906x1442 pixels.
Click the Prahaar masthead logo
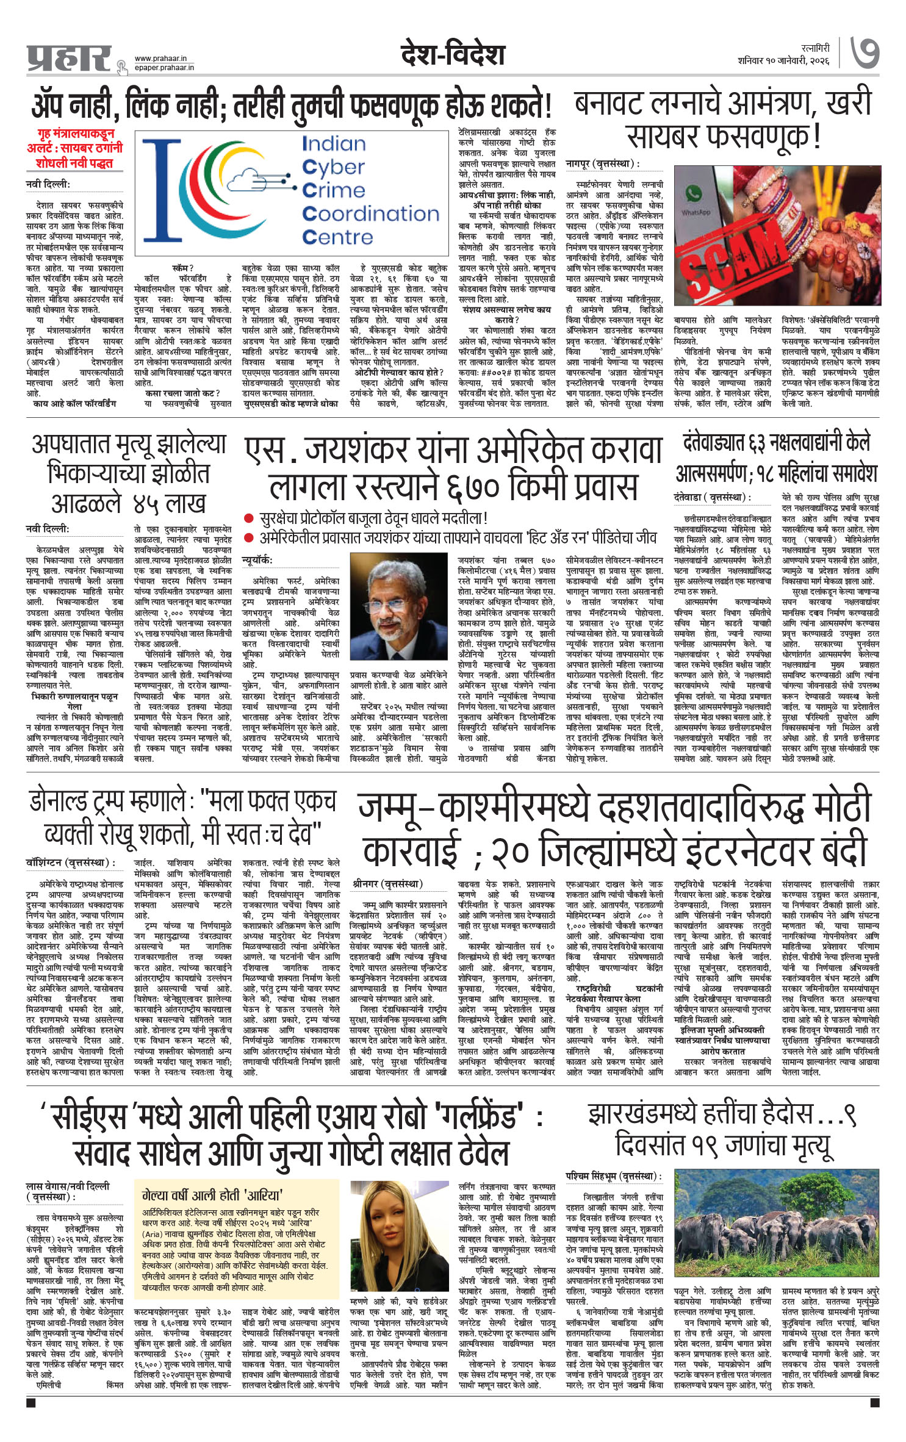coord(69,59)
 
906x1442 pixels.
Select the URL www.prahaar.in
coord(160,59)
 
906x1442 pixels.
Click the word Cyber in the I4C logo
coord(333,167)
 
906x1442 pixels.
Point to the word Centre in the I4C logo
coord(337,237)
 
